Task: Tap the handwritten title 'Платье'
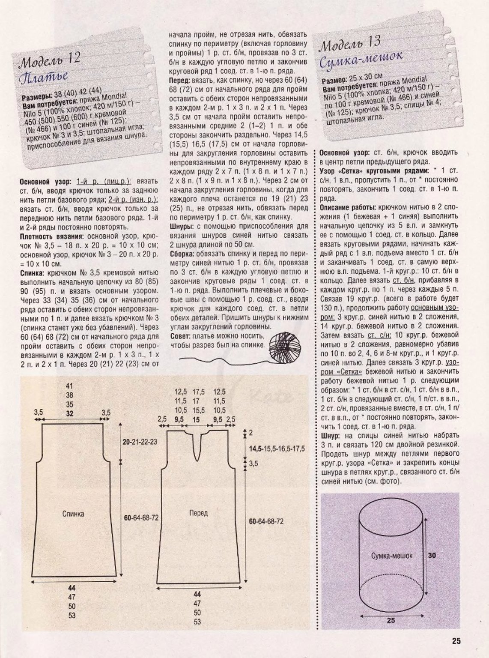(x=43, y=78)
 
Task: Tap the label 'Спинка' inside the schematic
(x=73, y=514)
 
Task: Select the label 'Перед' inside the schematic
(x=198, y=513)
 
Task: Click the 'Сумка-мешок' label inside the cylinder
(x=392, y=556)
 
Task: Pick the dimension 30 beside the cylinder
(x=432, y=555)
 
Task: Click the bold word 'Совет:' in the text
(x=181, y=336)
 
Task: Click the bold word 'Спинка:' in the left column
(x=32, y=272)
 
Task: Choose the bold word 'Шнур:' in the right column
(x=330, y=436)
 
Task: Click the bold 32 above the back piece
(x=70, y=413)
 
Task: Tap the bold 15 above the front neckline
(x=196, y=420)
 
